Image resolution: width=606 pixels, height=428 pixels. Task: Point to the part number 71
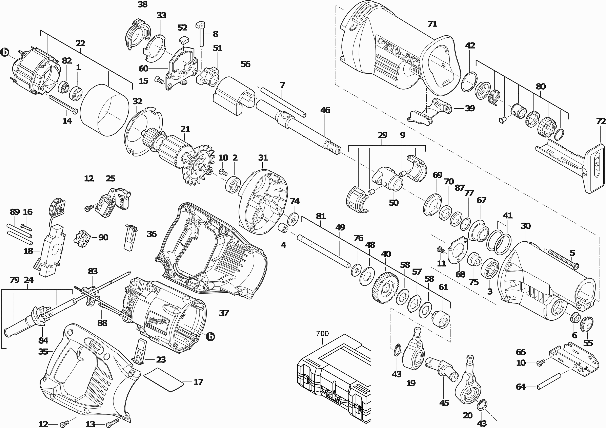tap(432, 24)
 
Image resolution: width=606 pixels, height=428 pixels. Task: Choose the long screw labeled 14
tap(63, 104)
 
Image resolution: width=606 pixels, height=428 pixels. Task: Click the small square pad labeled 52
tap(183, 40)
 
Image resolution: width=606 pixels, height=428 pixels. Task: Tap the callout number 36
tap(152, 234)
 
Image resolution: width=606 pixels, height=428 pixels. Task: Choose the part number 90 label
tap(103, 237)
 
